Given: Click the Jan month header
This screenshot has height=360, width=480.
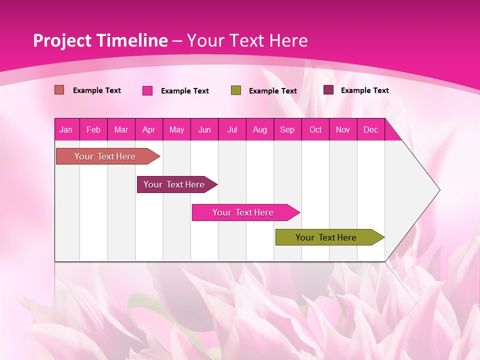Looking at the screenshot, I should pos(66,129).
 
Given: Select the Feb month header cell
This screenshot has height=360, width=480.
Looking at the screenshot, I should pos(93,129).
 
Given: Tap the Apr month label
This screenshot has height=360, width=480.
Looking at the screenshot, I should pos(148,129).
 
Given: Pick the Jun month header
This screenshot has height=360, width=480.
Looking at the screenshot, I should pos(204,129).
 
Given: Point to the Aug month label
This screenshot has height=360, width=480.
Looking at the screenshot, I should pos(259,129).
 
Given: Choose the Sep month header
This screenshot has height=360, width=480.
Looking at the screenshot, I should pos(287,129).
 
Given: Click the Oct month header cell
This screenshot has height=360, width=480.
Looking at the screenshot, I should pos(315,129).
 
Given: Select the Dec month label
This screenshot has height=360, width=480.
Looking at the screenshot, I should pos(370,129).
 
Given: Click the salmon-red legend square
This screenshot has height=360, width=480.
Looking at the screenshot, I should pos(59,90).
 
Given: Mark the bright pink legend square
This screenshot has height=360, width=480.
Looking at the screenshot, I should pos(147,90).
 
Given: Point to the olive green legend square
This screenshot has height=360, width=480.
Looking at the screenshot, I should pos(236,90).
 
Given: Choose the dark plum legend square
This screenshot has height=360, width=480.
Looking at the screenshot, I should pos(328,90).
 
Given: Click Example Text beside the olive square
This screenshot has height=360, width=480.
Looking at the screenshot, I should pos(273,91).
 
